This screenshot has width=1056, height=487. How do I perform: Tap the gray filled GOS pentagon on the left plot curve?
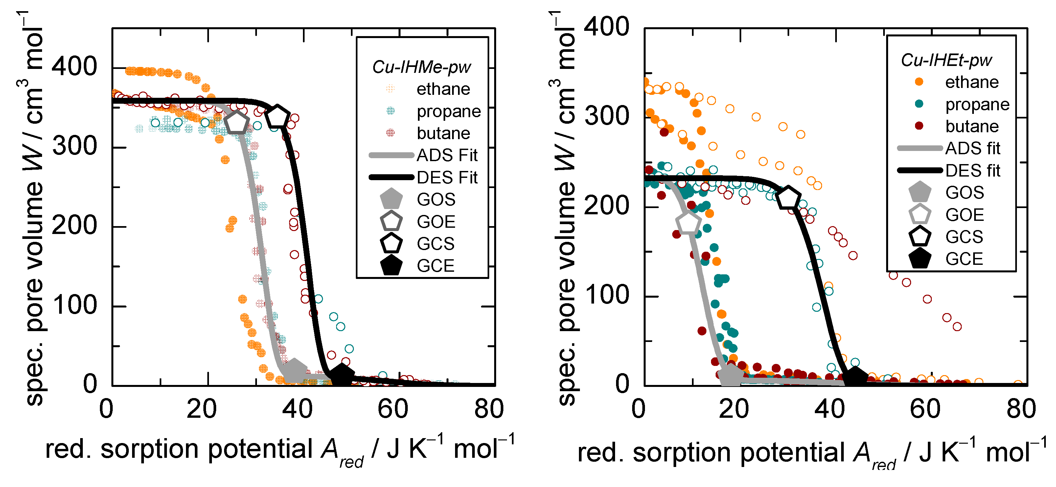[x=294, y=370]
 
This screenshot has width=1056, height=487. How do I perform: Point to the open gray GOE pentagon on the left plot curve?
[x=237, y=123]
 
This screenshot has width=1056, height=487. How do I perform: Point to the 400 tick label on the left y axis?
[x=74, y=66]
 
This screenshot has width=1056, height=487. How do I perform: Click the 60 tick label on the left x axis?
[x=392, y=409]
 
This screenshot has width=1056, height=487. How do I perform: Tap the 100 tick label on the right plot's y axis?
[x=606, y=295]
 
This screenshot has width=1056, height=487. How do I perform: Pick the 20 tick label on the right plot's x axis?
[x=733, y=409]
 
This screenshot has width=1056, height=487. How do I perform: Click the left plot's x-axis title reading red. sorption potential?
[x=279, y=450]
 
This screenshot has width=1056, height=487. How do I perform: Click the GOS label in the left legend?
[x=436, y=200]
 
